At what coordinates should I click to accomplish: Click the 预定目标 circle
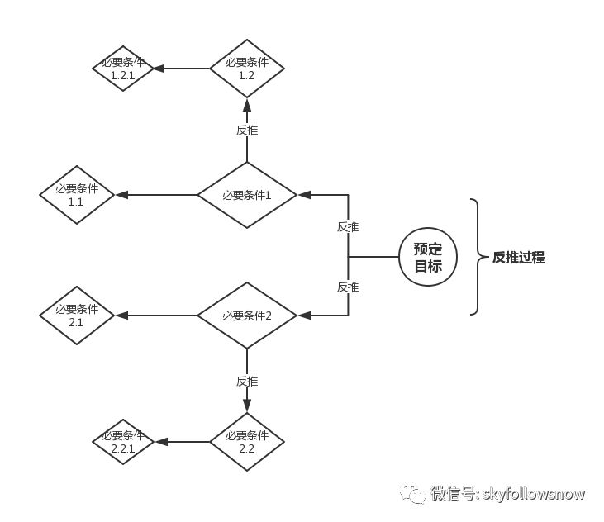tap(428, 257)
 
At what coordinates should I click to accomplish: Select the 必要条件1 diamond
tap(247, 195)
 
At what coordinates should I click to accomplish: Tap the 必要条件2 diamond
tap(247, 316)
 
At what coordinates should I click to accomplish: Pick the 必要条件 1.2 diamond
tap(247, 69)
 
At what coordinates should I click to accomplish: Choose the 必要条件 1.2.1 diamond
tap(123, 69)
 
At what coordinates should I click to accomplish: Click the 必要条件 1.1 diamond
tap(76, 195)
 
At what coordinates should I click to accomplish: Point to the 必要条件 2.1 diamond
tap(76, 316)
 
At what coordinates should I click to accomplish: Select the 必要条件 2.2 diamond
tap(247, 442)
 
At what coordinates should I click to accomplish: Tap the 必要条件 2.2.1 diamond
tap(123, 442)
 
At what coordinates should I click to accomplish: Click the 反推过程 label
tap(518, 257)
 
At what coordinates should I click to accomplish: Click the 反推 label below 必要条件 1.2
tap(247, 130)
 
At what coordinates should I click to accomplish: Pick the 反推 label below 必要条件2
tap(247, 381)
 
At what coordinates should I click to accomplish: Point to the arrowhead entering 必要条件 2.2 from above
tap(247, 406)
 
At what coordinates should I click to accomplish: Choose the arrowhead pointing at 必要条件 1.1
tap(121, 195)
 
